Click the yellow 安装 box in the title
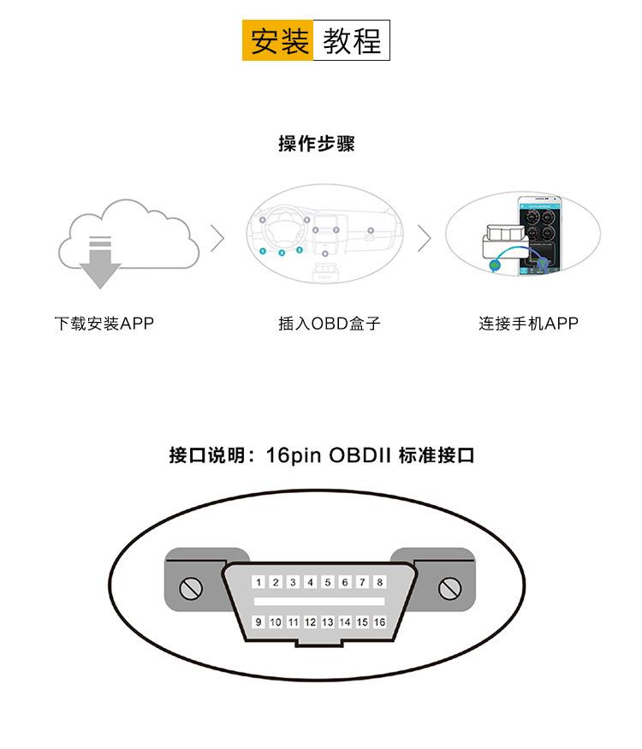click(277, 40)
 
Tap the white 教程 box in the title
click(352, 40)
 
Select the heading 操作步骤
click(316, 143)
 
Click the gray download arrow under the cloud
click(100, 262)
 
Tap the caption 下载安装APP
click(104, 324)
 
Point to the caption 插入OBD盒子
click(329, 324)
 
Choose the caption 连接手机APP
click(528, 324)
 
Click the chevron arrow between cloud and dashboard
click(217, 238)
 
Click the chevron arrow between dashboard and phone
click(425, 238)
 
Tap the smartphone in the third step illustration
click(540, 235)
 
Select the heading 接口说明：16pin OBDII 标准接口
click(322, 455)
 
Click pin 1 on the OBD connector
click(259, 582)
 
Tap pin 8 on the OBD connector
click(380, 582)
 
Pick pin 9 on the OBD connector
click(259, 621)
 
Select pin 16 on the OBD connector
click(380, 621)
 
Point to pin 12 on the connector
click(311, 621)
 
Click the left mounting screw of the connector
click(191, 588)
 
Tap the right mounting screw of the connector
click(450, 588)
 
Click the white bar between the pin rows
click(319, 602)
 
